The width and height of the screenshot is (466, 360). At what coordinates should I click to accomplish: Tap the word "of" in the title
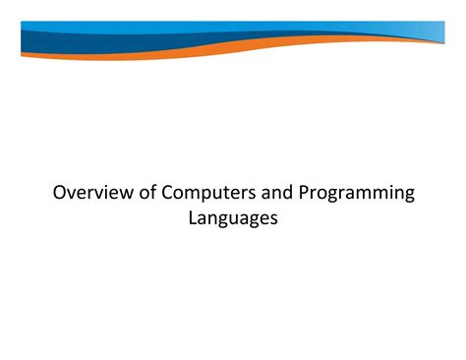146,193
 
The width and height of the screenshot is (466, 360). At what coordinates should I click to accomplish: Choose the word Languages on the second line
233,218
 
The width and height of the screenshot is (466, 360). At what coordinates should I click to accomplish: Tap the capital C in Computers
168,193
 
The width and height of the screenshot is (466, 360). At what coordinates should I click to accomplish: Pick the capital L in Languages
193,217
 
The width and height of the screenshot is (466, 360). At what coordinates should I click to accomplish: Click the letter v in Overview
73,194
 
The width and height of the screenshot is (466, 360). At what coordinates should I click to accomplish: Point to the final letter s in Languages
274,218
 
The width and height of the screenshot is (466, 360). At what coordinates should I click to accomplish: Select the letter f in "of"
152,193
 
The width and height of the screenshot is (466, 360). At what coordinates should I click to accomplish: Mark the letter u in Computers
215,194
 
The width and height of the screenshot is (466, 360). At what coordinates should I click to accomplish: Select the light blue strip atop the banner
295,26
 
